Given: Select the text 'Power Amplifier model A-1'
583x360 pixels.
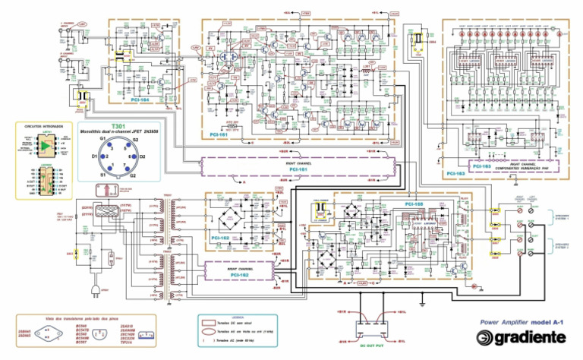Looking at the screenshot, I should [522, 322].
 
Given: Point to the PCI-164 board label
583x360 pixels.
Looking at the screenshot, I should [160, 99].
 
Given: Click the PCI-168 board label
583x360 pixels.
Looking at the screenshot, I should [414, 204].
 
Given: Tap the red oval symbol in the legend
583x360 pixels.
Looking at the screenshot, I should [207, 330].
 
